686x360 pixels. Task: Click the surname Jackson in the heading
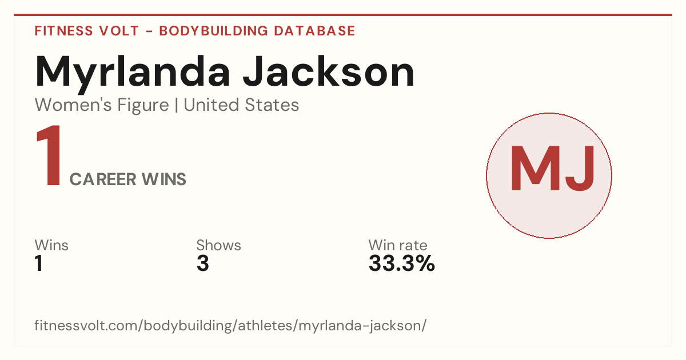point(329,71)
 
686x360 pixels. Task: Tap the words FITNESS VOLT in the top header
point(87,31)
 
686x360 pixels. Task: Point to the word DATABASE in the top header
point(314,31)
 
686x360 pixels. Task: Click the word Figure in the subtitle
point(143,105)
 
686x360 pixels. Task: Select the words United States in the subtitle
point(241,105)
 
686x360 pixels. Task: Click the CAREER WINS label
point(127,179)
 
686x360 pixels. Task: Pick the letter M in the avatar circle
point(536,169)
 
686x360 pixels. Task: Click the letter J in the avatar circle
point(580,169)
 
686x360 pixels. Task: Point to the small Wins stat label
point(51,245)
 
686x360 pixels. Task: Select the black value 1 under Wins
point(39,263)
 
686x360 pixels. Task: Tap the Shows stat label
point(218,245)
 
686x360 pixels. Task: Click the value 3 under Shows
point(203,263)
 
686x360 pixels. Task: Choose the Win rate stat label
point(398,245)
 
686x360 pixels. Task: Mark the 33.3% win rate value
point(402,263)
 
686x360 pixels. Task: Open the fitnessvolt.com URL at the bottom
point(230,325)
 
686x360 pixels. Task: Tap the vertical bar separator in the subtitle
point(177,105)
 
